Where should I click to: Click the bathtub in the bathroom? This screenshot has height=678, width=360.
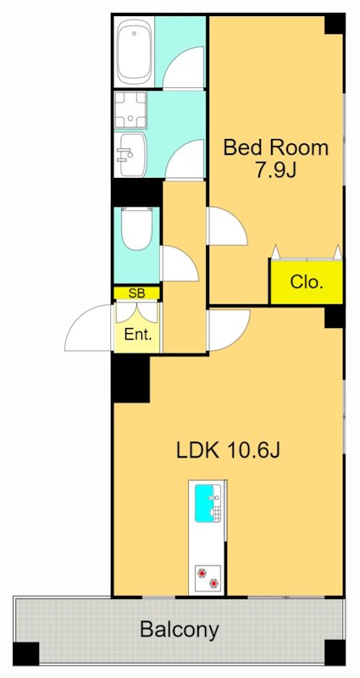tap(135, 53)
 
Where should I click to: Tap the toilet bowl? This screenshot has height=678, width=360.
tap(135, 230)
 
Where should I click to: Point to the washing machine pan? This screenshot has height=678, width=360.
tap(131, 110)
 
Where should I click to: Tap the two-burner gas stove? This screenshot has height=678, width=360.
tap(208, 578)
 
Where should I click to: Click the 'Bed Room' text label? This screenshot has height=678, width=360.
tap(276, 147)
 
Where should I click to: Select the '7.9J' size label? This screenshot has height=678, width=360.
tap(276, 170)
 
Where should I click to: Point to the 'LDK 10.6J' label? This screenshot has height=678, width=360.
tap(229, 451)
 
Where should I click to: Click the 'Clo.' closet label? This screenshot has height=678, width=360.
tap(307, 282)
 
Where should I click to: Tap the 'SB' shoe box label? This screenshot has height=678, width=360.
tap(137, 293)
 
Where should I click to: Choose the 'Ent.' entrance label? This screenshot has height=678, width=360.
tap(138, 335)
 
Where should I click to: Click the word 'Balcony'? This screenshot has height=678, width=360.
tap(180, 630)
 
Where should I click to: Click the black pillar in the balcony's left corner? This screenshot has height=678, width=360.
tap(25, 653)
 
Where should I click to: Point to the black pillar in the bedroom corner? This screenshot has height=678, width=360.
tap(335, 24)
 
